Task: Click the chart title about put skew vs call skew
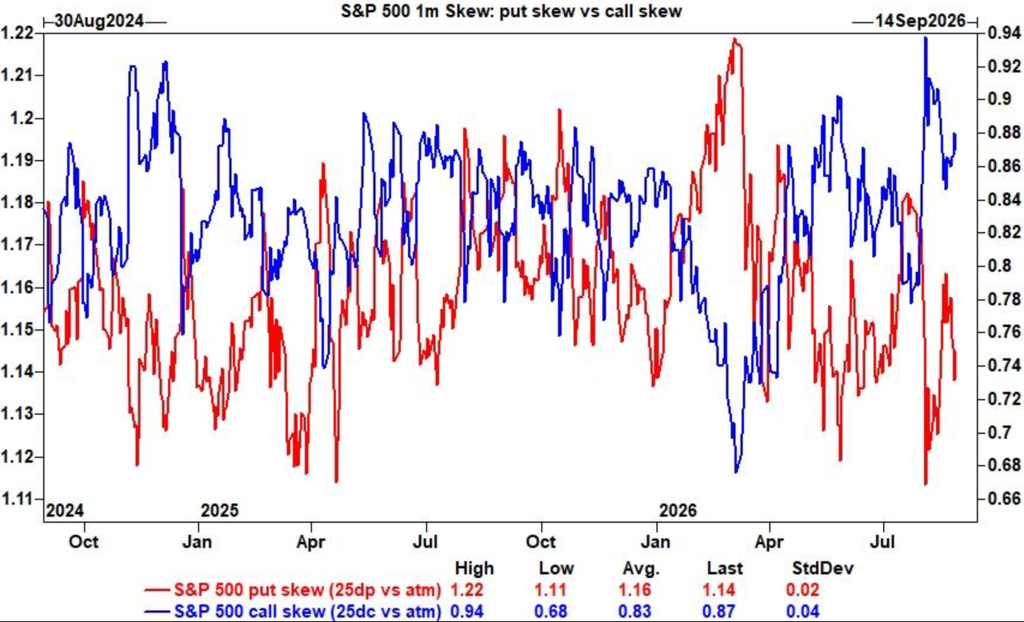(x=511, y=10)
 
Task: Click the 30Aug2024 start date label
(x=98, y=21)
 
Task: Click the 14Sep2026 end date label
(x=920, y=21)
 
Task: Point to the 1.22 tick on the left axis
(x=17, y=33)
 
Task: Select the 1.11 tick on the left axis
(x=17, y=499)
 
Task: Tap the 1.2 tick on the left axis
(x=22, y=118)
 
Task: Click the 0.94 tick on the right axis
(x=1004, y=33)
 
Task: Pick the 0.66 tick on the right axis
(x=1004, y=499)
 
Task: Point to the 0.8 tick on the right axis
(x=999, y=266)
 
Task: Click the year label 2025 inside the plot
(x=220, y=511)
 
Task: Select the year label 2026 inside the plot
(x=678, y=511)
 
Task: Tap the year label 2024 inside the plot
(x=65, y=511)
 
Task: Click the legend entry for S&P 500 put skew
(x=293, y=589)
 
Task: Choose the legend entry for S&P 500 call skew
(x=293, y=611)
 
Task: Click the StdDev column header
(x=822, y=568)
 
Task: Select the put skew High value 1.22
(x=466, y=589)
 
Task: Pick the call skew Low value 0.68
(x=550, y=611)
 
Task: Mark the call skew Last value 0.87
(x=718, y=611)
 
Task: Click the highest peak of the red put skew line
(x=734, y=39)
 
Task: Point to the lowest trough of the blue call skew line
(x=735, y=472)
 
